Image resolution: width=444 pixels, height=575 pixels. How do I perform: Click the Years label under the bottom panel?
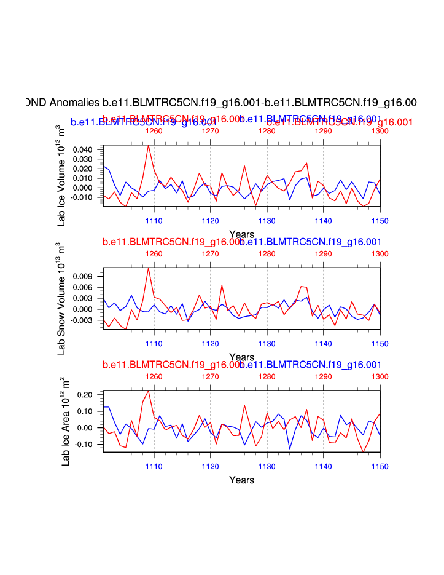tap(241, 480)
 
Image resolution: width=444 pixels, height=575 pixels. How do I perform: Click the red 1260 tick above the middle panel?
tap(154, 253)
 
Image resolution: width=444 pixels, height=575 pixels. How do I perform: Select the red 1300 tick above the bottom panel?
tap(380, 376)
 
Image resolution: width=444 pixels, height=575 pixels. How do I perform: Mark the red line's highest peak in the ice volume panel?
tap(148, 145)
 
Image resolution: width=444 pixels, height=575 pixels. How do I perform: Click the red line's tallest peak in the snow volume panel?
tap(148, 268)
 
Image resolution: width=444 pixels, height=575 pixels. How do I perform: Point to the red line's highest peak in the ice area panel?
tap(148, 391)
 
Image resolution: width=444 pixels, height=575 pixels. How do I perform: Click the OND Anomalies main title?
tap(222, 102)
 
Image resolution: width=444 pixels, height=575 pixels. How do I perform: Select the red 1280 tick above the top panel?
tap(267, 130)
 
